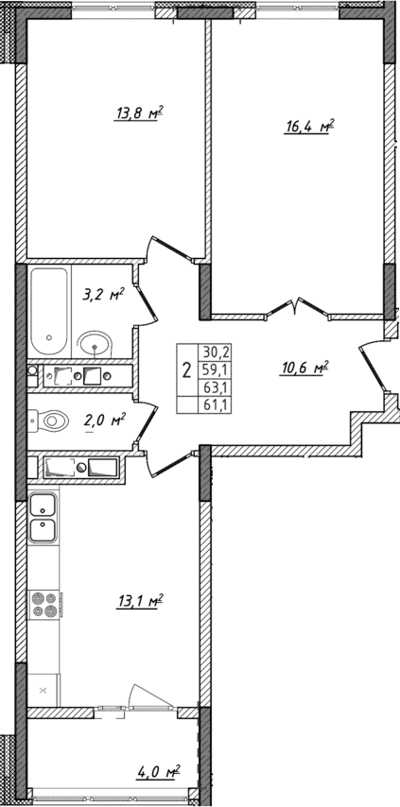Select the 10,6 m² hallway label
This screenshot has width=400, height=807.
(304, 369)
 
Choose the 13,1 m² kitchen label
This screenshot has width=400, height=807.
(139, 602)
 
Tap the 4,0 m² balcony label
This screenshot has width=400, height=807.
(156, 774)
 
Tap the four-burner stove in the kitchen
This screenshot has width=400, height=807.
(43, 603)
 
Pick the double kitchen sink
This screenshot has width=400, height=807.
(43, 518)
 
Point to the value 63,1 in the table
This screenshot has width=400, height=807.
(216, 386)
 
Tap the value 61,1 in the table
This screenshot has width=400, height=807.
(216, 404)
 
